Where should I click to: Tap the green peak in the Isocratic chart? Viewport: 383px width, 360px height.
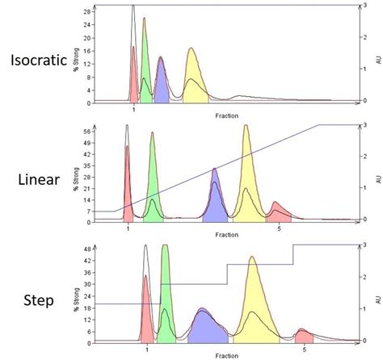coord(145,69)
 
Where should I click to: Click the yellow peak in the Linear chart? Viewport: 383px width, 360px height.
coord(246,178)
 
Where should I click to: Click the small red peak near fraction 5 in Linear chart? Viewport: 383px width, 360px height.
coord(277,211)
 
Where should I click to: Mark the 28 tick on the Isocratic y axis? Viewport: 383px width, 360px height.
coord(85,12)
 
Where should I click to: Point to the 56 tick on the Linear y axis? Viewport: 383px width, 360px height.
coord(85,131)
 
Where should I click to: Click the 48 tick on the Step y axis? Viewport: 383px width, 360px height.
coord(85,250)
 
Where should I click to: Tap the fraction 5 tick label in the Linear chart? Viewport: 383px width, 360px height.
coord(279,229)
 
